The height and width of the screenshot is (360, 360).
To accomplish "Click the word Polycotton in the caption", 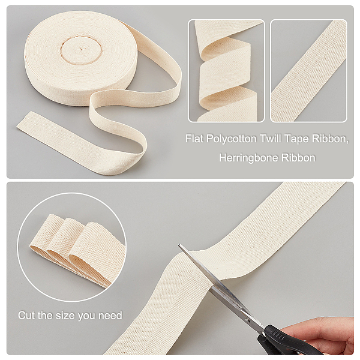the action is [231, 139].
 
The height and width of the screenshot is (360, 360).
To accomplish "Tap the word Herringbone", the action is [248, 158].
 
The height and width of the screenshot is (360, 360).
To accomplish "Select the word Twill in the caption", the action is [270, 139].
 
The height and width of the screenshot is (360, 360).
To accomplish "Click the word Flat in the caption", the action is [194, 139].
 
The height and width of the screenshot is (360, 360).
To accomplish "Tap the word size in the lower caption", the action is [66, 315].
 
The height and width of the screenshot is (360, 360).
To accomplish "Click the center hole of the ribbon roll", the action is [80, 49].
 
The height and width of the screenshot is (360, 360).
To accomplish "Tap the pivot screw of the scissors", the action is [247, 320].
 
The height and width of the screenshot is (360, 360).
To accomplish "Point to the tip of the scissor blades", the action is [179, 245].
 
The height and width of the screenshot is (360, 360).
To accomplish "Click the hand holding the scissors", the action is [322, 335].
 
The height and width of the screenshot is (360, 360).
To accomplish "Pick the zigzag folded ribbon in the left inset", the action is [226, 71].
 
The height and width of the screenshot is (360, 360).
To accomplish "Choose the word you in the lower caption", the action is [87, 316].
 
